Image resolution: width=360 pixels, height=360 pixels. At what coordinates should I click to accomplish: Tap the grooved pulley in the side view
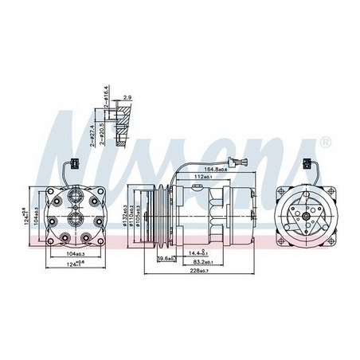[x=158, y=217]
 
